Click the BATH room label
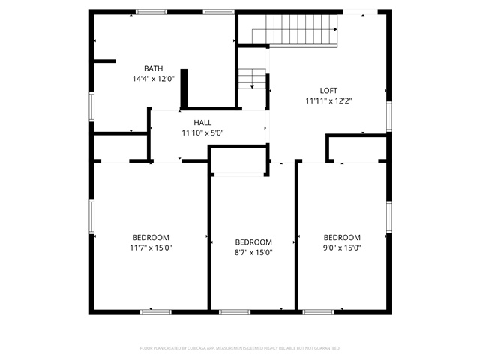[153, 68]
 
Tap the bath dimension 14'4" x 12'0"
[153, 78]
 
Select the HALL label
[202, 123]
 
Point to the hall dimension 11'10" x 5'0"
[202, 133]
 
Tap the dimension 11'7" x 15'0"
[151, 247]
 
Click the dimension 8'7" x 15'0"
[253, 252]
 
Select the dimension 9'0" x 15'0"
[342, 247]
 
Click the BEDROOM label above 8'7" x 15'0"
[253, 241]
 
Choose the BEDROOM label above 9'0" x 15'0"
[342, 237]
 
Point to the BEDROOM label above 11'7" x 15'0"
[151, 237]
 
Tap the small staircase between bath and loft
[253, 79]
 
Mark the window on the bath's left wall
[91, 106]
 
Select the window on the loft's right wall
[388, 115]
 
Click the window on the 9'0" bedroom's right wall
[388, 217]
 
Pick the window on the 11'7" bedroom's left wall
[91, 217]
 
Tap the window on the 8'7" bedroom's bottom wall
[235, 311]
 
